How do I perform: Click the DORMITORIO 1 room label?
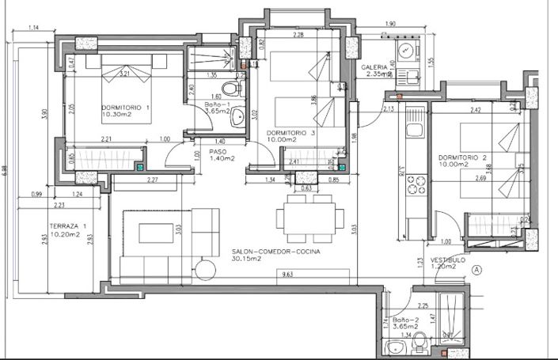coord(126,108)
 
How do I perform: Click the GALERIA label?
coord(375,68)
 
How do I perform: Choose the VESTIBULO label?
coord(447,260)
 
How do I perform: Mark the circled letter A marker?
coord(476,269)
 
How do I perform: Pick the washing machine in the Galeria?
coord(408,53)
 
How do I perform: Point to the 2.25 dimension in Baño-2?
coord(423,305)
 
